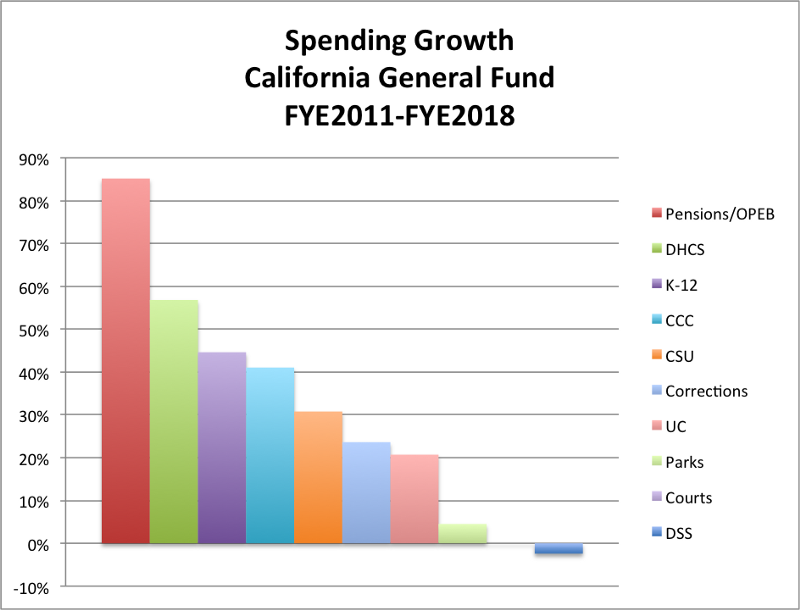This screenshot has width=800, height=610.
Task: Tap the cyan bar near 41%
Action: click(x=270, y=456)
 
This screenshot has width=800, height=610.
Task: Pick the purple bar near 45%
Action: click(x=222, y=448)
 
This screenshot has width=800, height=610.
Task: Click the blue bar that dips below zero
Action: click(x=559, y=549)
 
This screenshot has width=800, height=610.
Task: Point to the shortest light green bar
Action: click(x=463, y=534)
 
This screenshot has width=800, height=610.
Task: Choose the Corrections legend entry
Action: click(x=706, y=391)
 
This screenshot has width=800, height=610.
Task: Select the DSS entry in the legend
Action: click(x=678, y=534)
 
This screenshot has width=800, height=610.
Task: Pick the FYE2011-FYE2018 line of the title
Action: click(x=400, y=115)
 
